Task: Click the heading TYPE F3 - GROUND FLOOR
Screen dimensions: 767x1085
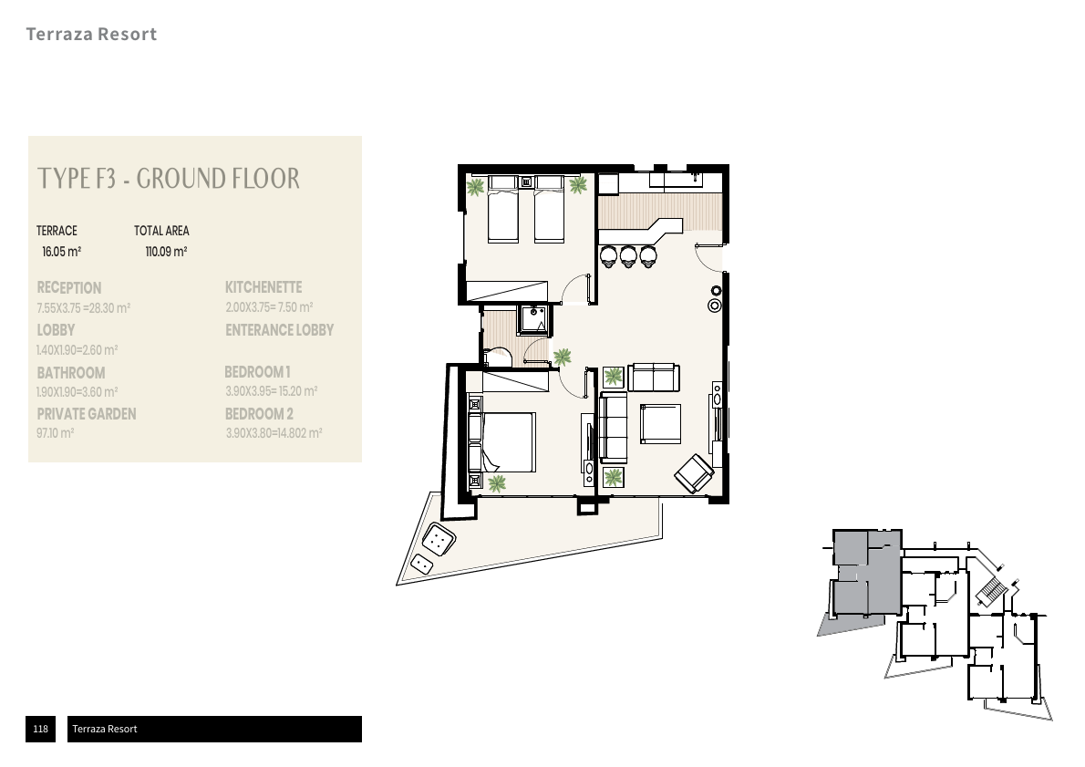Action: click(168, 178)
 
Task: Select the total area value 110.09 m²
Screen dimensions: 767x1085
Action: click(166, 252)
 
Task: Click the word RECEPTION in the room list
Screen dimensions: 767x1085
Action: click(69, 287)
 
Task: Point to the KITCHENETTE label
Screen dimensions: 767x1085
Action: click(263, 287)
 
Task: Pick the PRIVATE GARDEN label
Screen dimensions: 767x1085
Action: click(87, 414)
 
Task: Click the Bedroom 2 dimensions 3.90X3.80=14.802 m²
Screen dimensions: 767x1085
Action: click(273, 434)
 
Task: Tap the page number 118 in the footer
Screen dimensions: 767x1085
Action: click(40, 729)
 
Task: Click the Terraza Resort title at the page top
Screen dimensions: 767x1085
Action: click(91, 35)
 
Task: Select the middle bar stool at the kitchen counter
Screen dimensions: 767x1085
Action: click(628, 255)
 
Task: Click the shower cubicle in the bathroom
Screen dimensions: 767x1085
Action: click(533, 319)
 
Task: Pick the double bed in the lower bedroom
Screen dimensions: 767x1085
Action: click(507, 442)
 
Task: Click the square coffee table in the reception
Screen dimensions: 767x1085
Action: click(660, 423)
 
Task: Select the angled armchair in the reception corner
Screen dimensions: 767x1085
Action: click(695, 472)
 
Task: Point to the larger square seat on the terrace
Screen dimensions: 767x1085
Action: click(440, 541)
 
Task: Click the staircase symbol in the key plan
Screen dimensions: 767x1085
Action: click(989, 594)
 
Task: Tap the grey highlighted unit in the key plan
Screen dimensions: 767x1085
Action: click(866, 570)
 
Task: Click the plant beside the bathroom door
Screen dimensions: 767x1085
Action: click(562, 357)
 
